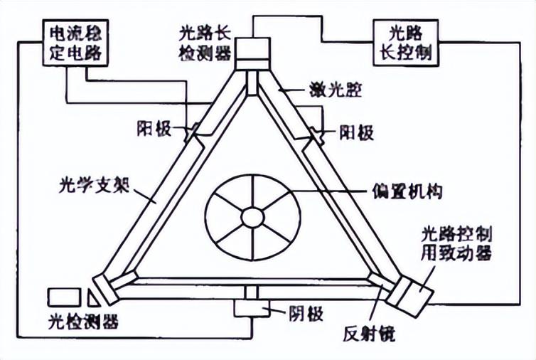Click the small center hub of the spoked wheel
252,216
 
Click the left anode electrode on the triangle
192,132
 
